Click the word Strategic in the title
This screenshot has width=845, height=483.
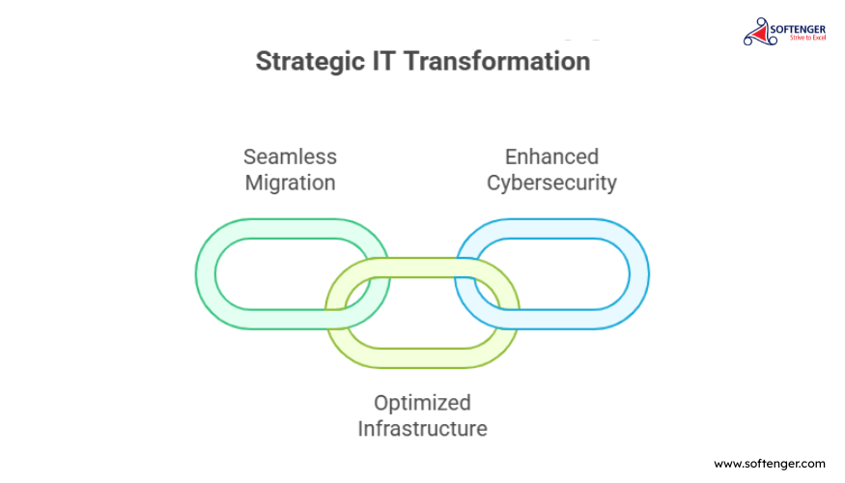click(310, 62)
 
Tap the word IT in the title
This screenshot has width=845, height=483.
click(383, 60)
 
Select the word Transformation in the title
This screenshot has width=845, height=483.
click(497, 60)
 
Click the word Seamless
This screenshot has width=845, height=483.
click(290, 156)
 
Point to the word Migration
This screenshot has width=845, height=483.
click(290, 184)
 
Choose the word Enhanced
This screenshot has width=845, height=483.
click(551, 156)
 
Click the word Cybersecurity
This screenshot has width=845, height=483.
click(551, 184)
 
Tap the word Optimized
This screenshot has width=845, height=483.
click(423, 403)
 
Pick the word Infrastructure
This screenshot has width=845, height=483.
click(423, 429)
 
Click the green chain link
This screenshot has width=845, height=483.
click(206, 273)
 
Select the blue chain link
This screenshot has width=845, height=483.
click(639, 273)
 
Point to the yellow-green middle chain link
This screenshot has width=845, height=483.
click(423, 358)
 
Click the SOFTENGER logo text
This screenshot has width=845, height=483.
click(798, 30)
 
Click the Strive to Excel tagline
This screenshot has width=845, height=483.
click(807, 38)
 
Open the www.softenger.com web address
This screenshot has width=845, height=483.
click(770, 464)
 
